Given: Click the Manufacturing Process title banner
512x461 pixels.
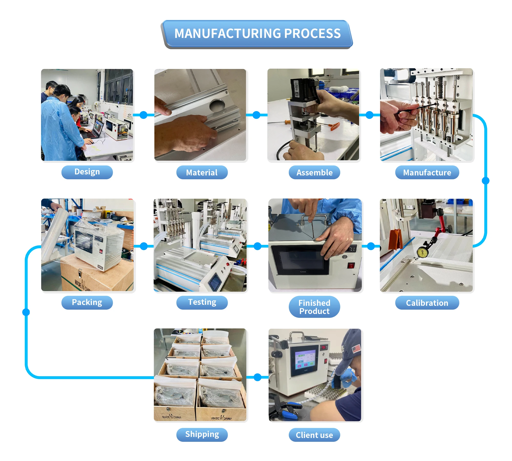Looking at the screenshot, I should [x=257, y=34].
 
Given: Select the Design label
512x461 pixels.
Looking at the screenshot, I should [x=87, y=172].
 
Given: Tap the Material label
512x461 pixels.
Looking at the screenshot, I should [x=202, y=172].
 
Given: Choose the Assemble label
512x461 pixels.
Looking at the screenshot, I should [x=314, y=172].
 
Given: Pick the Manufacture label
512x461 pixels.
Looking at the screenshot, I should [x=427, y=172].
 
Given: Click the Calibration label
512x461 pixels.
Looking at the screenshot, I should [x=427, y=303].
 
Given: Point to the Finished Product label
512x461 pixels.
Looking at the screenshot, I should [x=314, y=307].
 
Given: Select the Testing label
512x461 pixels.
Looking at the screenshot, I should [x=202, y=302].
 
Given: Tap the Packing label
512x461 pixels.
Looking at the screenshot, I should [x=87, y=302].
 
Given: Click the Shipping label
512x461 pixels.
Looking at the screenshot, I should [x=202, y=434].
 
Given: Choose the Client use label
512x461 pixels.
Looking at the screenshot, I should [x=314, y=435].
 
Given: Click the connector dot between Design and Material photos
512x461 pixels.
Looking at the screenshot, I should [x=144, y=115].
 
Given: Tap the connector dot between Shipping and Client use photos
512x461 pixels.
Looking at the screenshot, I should [x=258, y=377].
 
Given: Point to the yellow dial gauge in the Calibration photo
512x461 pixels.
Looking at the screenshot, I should [x=423, y=252].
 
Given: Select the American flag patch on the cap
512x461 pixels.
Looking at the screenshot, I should [x=356, y=349].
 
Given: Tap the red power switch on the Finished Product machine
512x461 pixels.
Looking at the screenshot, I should [x=351, y=265].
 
